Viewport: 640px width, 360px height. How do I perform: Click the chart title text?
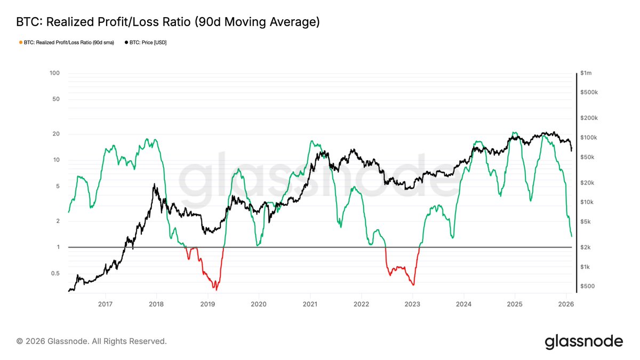click(x=168, y=22)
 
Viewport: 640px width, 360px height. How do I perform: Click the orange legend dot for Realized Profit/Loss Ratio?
click(x=20, y=42)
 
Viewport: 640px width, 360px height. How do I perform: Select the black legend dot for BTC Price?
click(x=126, y=42)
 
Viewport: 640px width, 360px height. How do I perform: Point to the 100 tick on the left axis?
click(x=55, y=73)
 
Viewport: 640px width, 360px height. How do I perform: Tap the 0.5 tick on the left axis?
click(x=55, y=274)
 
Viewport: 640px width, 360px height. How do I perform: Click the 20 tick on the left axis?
click(x=56, y=134)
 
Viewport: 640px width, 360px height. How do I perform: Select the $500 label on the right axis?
click(x=588, y=286)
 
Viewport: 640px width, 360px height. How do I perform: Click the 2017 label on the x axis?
click(x=106, y=304)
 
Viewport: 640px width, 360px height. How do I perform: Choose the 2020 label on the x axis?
click(x=259, y=304)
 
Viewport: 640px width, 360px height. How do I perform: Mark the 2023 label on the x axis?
click(x=412, y=304)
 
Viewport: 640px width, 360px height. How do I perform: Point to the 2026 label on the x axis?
click(x=565, y=304)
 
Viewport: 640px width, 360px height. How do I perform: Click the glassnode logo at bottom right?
click(x=583, y=341)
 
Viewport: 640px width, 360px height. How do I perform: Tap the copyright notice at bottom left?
click(x=92, y=341)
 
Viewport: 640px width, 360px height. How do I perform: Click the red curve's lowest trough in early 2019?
click(x=215, y=289)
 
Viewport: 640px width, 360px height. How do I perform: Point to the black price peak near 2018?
click(x=155, y=185)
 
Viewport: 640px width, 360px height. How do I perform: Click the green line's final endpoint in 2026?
click(x=572, y=236)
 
